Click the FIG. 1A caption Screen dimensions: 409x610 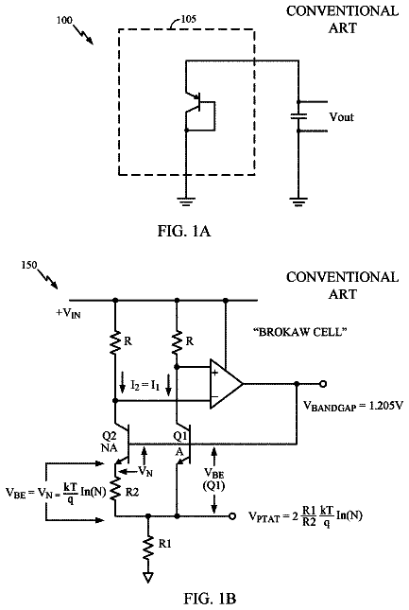coord(184,231)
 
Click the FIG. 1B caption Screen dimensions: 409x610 coord(210,599)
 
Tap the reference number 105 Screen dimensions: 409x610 coord(188,19)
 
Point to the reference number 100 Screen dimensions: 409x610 coord(64,20)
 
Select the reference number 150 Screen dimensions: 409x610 coord(29,265)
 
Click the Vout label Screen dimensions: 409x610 coord(341,116)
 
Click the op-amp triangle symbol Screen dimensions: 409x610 coord(226,384)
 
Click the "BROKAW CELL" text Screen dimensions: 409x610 coord(299,332)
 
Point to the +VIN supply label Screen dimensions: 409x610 coord(68,314)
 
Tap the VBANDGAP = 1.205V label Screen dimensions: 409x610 coord(352,407)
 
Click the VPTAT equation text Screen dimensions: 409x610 coord(305,516)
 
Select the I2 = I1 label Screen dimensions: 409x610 coord(145,386)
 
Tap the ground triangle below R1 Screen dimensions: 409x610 coord(147,578)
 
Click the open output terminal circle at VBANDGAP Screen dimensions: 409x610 coord(323,384)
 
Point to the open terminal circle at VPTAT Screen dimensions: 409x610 coord(232,516)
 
